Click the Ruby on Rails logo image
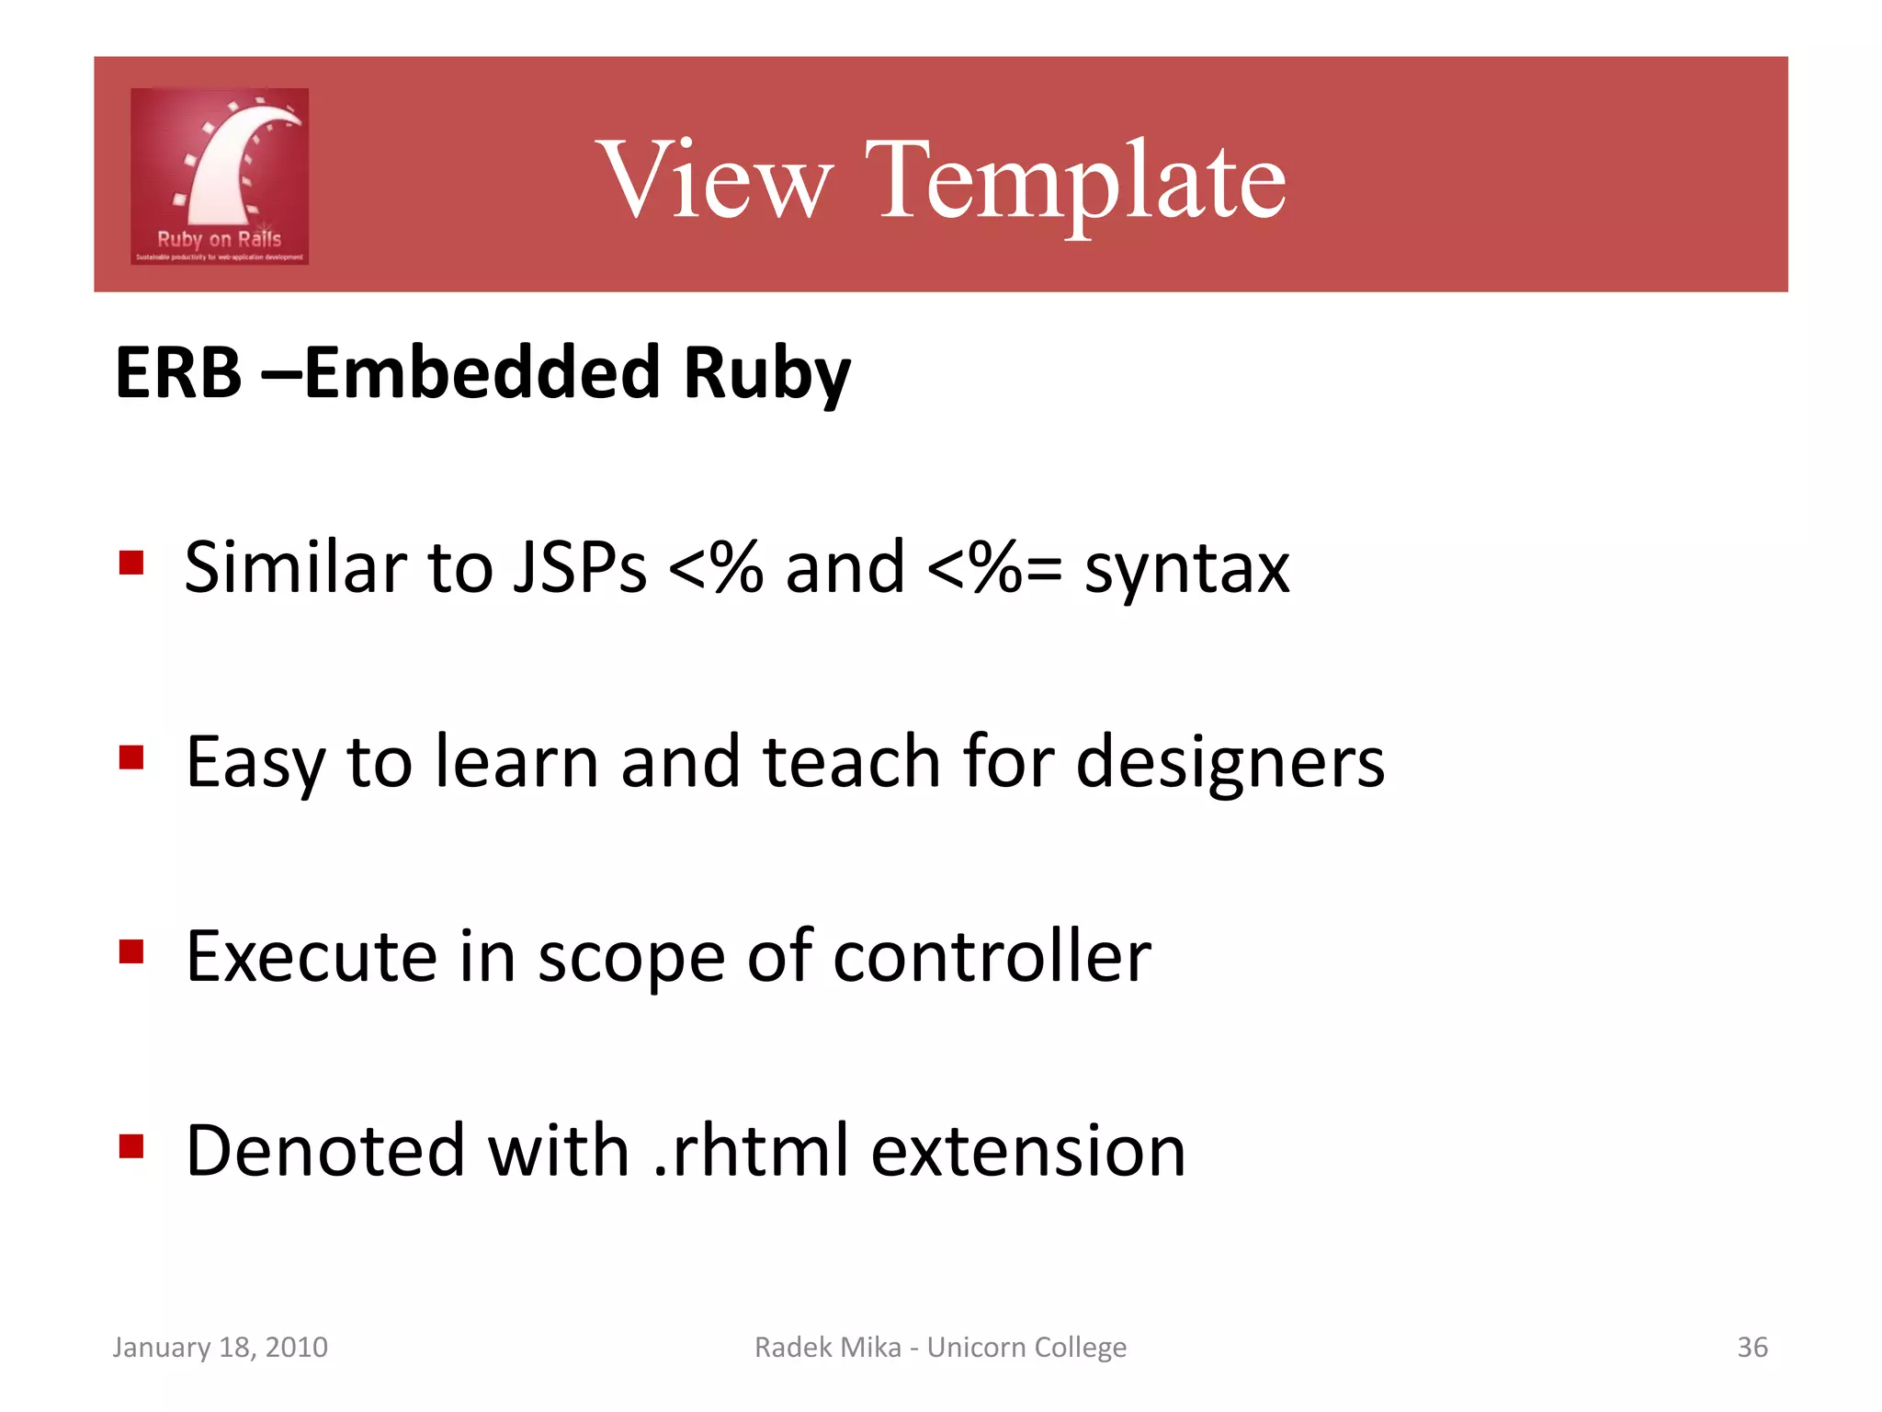coord(220,176)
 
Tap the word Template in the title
coord(1074,180)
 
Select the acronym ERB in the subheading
coord(178,373)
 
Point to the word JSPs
coord(580,567)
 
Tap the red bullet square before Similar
coord(132,563)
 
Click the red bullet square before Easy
coord(132,757)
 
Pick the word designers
coord(1229,763)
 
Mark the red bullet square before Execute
coord(132,951)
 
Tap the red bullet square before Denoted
coord(132,1146)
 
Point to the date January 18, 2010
coord(220,1347)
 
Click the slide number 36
coord(1752,1347)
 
